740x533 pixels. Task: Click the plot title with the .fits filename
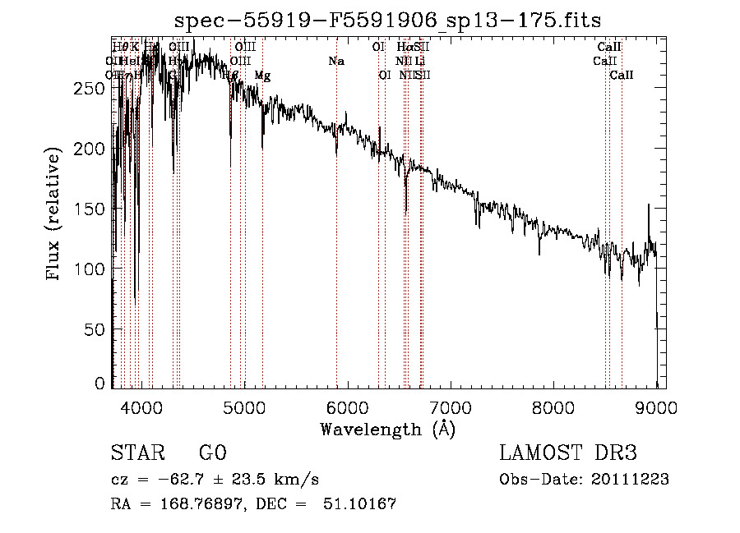[x=389, y=21]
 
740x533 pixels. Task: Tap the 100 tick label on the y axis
[x=91, y=269]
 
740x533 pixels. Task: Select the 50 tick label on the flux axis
[x=95, y=329]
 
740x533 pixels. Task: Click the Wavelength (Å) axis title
[x=387, y=429]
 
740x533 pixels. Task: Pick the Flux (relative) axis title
[x=54, y=215]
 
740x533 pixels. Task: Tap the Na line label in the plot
[x=335, y=61]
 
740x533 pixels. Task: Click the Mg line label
[x=262, y=76]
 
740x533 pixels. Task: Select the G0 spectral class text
[x=212, y=453]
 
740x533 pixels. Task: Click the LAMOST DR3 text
[x=567, y=453]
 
